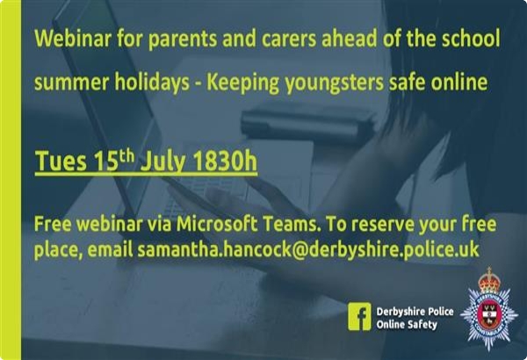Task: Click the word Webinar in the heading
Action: pyautogui.click(x=73, y=38)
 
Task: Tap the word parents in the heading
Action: pyautogui.click(x=182, y=40)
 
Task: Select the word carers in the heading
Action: pyautogui.click(x=289, y=39)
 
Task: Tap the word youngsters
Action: pyautogui.click(x=335, y=83)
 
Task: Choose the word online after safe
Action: pyautogui.click(x=459, y=82)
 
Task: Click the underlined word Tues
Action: pyautogui.click(x=61, y=162)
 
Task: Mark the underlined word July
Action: pyautogui.click(x=163, y=162)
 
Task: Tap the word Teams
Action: pyautogui.click(x=291, y=224)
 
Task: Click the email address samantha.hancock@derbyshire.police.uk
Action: pyautogui.click(x=308, y=249)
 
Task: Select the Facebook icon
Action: pyautogui.click(x=359, y=316)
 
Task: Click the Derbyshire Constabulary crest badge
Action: pyautogui.click(x=489, y=309)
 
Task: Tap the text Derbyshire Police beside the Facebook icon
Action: pyautogui.click(x=415, y=312)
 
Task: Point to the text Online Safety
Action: pyautogui.click(x=407, y=325)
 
